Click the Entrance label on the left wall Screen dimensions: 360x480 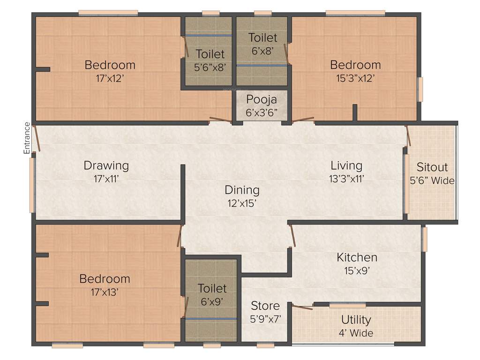[x=27, y=138]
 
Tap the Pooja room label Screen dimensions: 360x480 [x=262, y=99]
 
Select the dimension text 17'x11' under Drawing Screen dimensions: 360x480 [x=106, y=178]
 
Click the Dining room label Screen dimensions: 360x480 [x=242, y=190]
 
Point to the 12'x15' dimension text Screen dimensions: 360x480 [x=242, y=203]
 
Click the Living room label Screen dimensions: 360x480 [x=346, y=165]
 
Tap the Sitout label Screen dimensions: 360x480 [x=432, y=167]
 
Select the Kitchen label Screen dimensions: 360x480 [x=357, y=257]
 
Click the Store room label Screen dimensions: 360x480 [x=265, y=306]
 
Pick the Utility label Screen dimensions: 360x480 [x=356, y=320]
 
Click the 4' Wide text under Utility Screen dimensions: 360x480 [x=356, y=333]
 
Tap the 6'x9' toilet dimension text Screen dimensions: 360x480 [x=212, y=302]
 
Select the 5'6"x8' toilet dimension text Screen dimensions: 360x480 [x=210, y=67]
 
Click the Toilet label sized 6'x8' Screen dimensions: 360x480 [x=262, y=37]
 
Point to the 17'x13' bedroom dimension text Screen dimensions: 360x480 [x=105, y=292]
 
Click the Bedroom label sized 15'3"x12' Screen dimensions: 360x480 [x=355, y=65]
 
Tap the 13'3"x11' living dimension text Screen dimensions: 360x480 [x=346, y=178]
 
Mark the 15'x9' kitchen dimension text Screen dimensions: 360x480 [x=357, y=270]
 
